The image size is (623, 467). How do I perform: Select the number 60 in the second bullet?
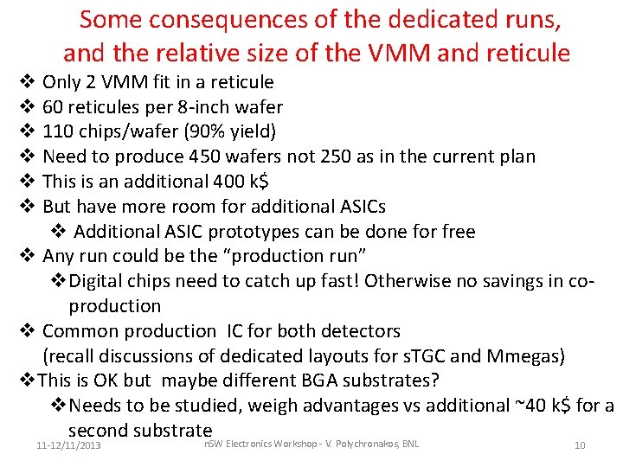pos(54,107)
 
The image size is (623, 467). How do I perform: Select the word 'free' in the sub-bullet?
pos(456,232)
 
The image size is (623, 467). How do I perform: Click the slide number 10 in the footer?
pos(580,445)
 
